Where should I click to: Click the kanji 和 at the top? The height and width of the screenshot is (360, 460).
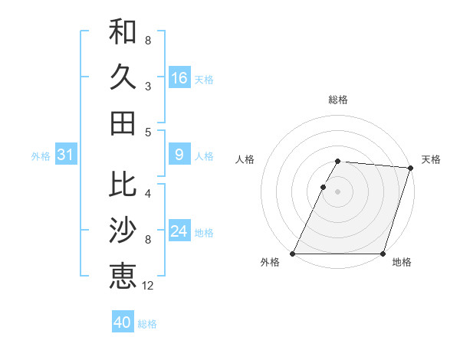tap(123, 33)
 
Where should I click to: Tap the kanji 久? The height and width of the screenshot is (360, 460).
tap(123, 78)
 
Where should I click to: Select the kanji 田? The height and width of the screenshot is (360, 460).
tap(123, 123)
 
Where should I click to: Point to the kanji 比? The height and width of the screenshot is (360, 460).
tap(123, 184)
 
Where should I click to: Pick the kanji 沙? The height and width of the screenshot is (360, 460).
tap(123, 230)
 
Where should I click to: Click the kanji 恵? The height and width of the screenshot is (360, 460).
tap(123, 275)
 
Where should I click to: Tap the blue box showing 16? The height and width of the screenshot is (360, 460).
tap(179, 78)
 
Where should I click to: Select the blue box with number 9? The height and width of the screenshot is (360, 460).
tap(179, 155)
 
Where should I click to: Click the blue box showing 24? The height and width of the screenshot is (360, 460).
tap(179, 232)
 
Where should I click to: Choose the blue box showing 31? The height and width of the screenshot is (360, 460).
tap(65, 155)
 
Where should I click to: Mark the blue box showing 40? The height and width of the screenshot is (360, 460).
tap(123, 322)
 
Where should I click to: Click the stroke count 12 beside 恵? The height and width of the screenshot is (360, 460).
tap(148, 286)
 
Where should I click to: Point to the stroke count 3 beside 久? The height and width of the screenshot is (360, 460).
tap(148, 87)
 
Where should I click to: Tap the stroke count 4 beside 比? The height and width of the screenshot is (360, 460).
tap(148, 194)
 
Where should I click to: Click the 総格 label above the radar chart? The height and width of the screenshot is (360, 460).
tap(338, 100)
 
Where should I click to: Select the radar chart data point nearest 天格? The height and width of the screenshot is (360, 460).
tap(411, 169)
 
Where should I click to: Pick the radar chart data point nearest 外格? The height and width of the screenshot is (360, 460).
tap(293, 254)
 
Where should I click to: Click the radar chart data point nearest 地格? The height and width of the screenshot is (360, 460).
tap(383, 254)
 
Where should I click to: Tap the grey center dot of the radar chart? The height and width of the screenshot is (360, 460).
tap(338, 192)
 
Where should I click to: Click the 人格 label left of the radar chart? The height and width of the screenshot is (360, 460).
tap(245, 159)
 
